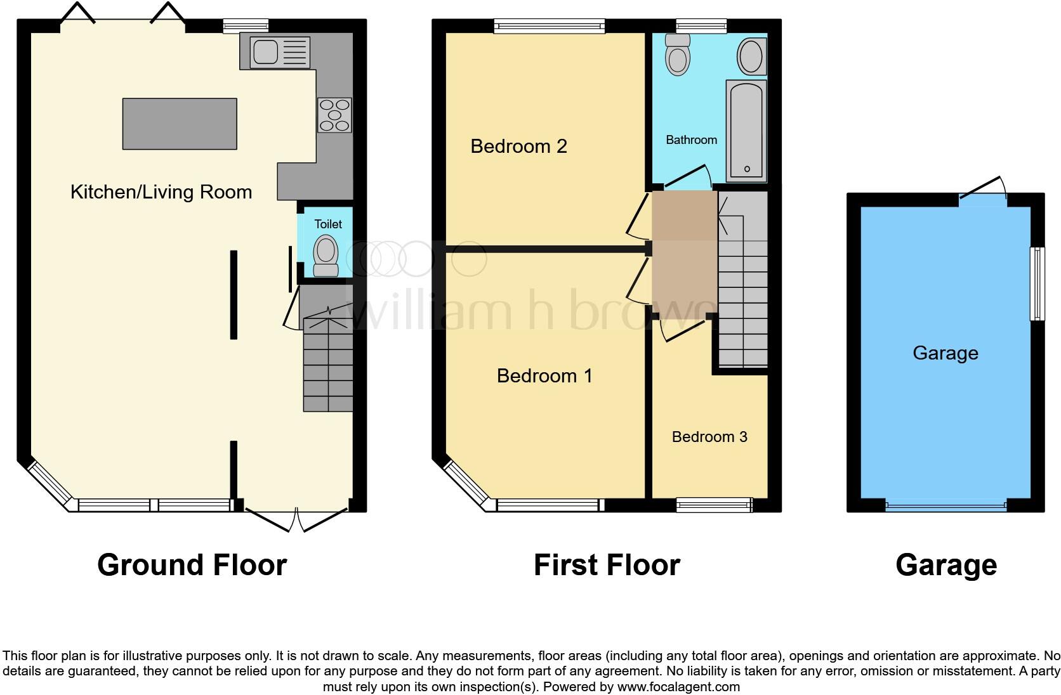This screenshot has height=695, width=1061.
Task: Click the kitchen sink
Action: point(280,51)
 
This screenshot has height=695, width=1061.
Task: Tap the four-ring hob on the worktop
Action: point(334,115)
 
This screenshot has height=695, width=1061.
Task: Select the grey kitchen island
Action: point(180,124)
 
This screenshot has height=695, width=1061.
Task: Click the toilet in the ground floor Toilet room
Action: point(326,256)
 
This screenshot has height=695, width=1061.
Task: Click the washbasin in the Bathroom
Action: point(751,56)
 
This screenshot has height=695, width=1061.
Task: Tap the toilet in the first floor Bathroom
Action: point(678,55)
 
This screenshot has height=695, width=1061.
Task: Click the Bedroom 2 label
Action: point(518,146)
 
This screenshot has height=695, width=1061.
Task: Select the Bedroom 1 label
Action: point(544,376)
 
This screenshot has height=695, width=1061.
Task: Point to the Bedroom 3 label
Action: point(709,437)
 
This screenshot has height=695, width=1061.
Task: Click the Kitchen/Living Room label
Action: point(161,192)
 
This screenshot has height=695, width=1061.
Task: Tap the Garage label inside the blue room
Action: point(945,353)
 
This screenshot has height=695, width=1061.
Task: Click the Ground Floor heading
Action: point(192,564)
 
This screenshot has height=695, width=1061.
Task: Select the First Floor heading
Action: point(607,564)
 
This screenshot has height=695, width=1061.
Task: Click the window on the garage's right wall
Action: point(1038,283)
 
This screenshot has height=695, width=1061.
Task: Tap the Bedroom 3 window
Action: point(714,505)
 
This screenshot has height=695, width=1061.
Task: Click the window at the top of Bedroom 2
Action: point(550,26)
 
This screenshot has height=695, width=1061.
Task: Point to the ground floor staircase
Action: point(327,365)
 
